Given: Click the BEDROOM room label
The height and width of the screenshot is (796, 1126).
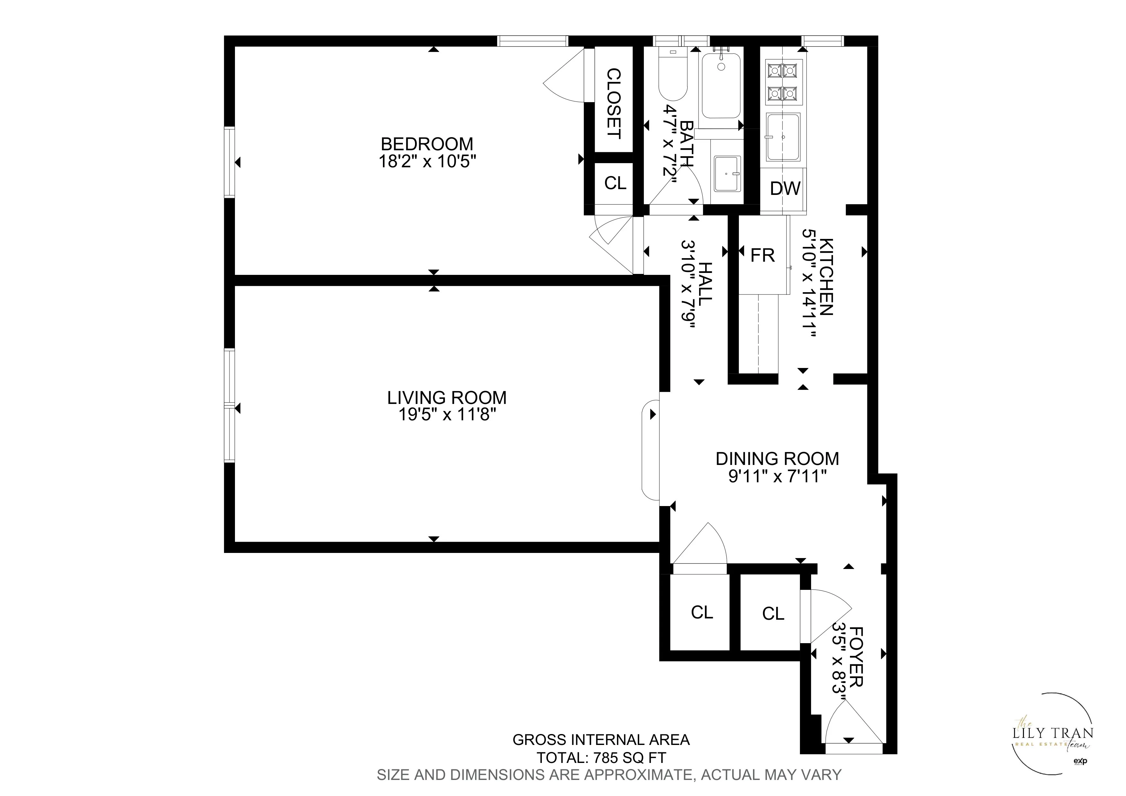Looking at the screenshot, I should click(427, 144).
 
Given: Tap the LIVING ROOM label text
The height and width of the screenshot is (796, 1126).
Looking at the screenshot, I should click(447, 397).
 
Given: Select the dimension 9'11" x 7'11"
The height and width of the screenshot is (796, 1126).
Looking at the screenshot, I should click(777, 476).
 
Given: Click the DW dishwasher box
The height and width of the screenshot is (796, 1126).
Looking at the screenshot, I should click(785, 189).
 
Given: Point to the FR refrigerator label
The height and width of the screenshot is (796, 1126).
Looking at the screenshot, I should click(763, 256).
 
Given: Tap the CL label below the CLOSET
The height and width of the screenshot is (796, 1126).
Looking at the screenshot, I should click(615, 183).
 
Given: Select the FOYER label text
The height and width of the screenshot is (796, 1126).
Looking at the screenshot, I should click(855, 656).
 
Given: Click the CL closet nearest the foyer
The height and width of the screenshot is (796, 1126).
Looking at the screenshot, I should click(773, 614).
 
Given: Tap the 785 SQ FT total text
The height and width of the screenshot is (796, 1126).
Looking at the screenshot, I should click(630, 758).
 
